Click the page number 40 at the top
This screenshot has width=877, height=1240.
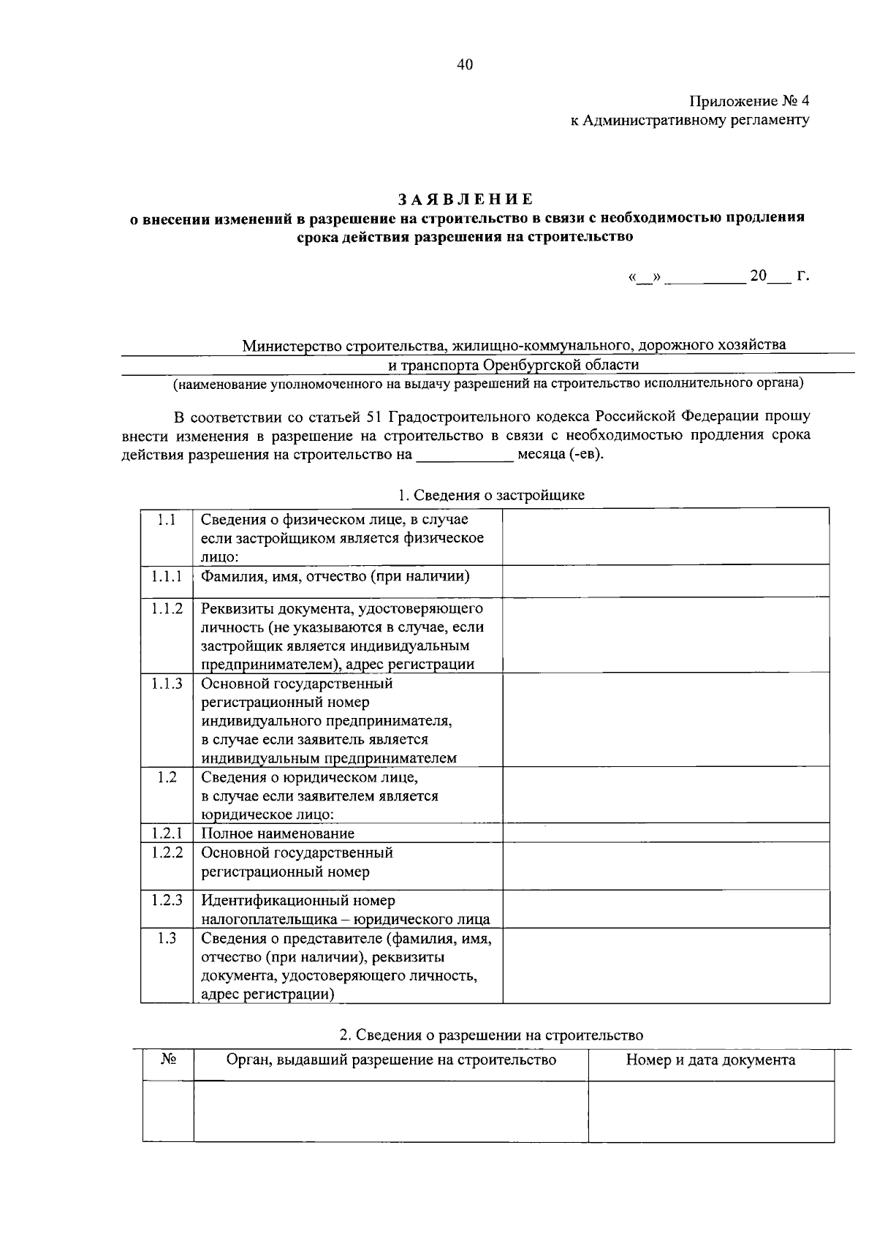pyautogui.click(x=465, y=65)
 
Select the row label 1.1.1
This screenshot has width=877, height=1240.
pyautogui.click(x=167, y=577)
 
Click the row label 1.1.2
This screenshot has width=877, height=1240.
pyautogui.click(x=167, y=608)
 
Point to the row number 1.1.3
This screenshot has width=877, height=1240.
pyautogui.click(x=167, y=684)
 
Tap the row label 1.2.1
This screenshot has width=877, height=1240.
pyautogui.click(x=167, y=833)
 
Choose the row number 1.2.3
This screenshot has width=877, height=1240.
pyautogui.click(x=167, y=901)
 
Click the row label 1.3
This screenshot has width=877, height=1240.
pyautogui.click(x=167, y=938)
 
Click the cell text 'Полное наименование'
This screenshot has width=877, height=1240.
pyautogui.click(x=278, y=833)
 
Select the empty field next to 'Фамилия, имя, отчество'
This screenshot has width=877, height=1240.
pyautogui.click(x=665, y=581)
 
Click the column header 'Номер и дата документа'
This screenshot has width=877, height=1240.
pyautogui.click(x=710, y=1060)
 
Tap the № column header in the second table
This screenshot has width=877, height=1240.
pyautogui.click(x=168, y=1060)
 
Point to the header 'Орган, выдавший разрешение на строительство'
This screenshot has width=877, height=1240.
pyautogui.click(x=391, y=1060)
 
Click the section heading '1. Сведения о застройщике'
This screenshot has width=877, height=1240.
pyautogui.click(x=491, y=495)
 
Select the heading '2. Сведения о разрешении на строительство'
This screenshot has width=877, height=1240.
pyautogui.click(x=491, y=1035)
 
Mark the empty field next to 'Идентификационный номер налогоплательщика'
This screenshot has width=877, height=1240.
pyautogui.click(x=665, y=910)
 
